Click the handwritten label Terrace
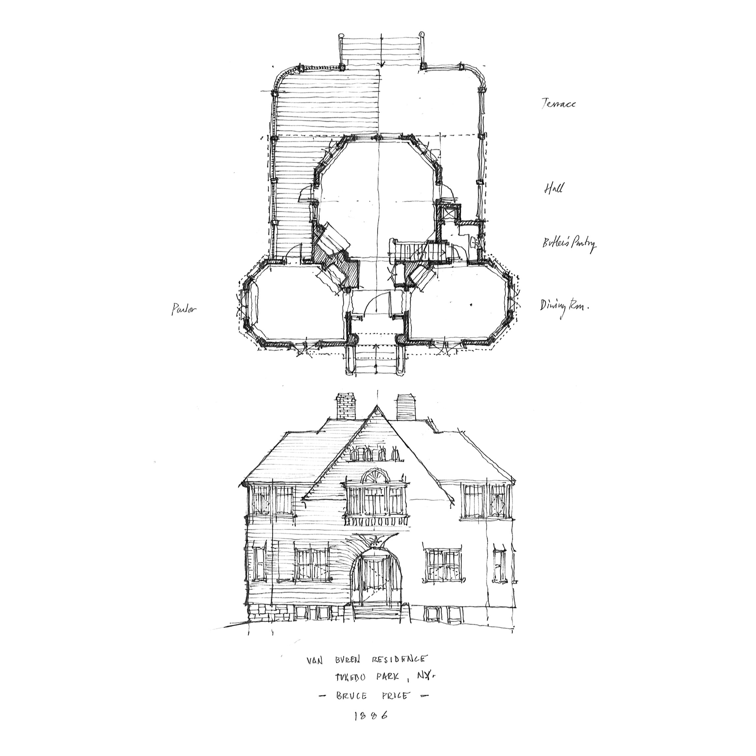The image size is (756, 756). pyautogui.click(x=558, y=104)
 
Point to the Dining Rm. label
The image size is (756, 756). pyautogui.click(x=564, y=305)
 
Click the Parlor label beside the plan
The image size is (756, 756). pyautogui.click(x=183, y=309)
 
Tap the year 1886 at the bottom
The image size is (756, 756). pyautogui.click(x=371, y=716)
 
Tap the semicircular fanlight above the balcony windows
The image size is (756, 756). pyautogui.click(x=375, y=478)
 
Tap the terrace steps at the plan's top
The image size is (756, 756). pyautogui.click(x=382, y=51)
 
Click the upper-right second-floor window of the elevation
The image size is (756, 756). pyautogui.click(x=487, y=503)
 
